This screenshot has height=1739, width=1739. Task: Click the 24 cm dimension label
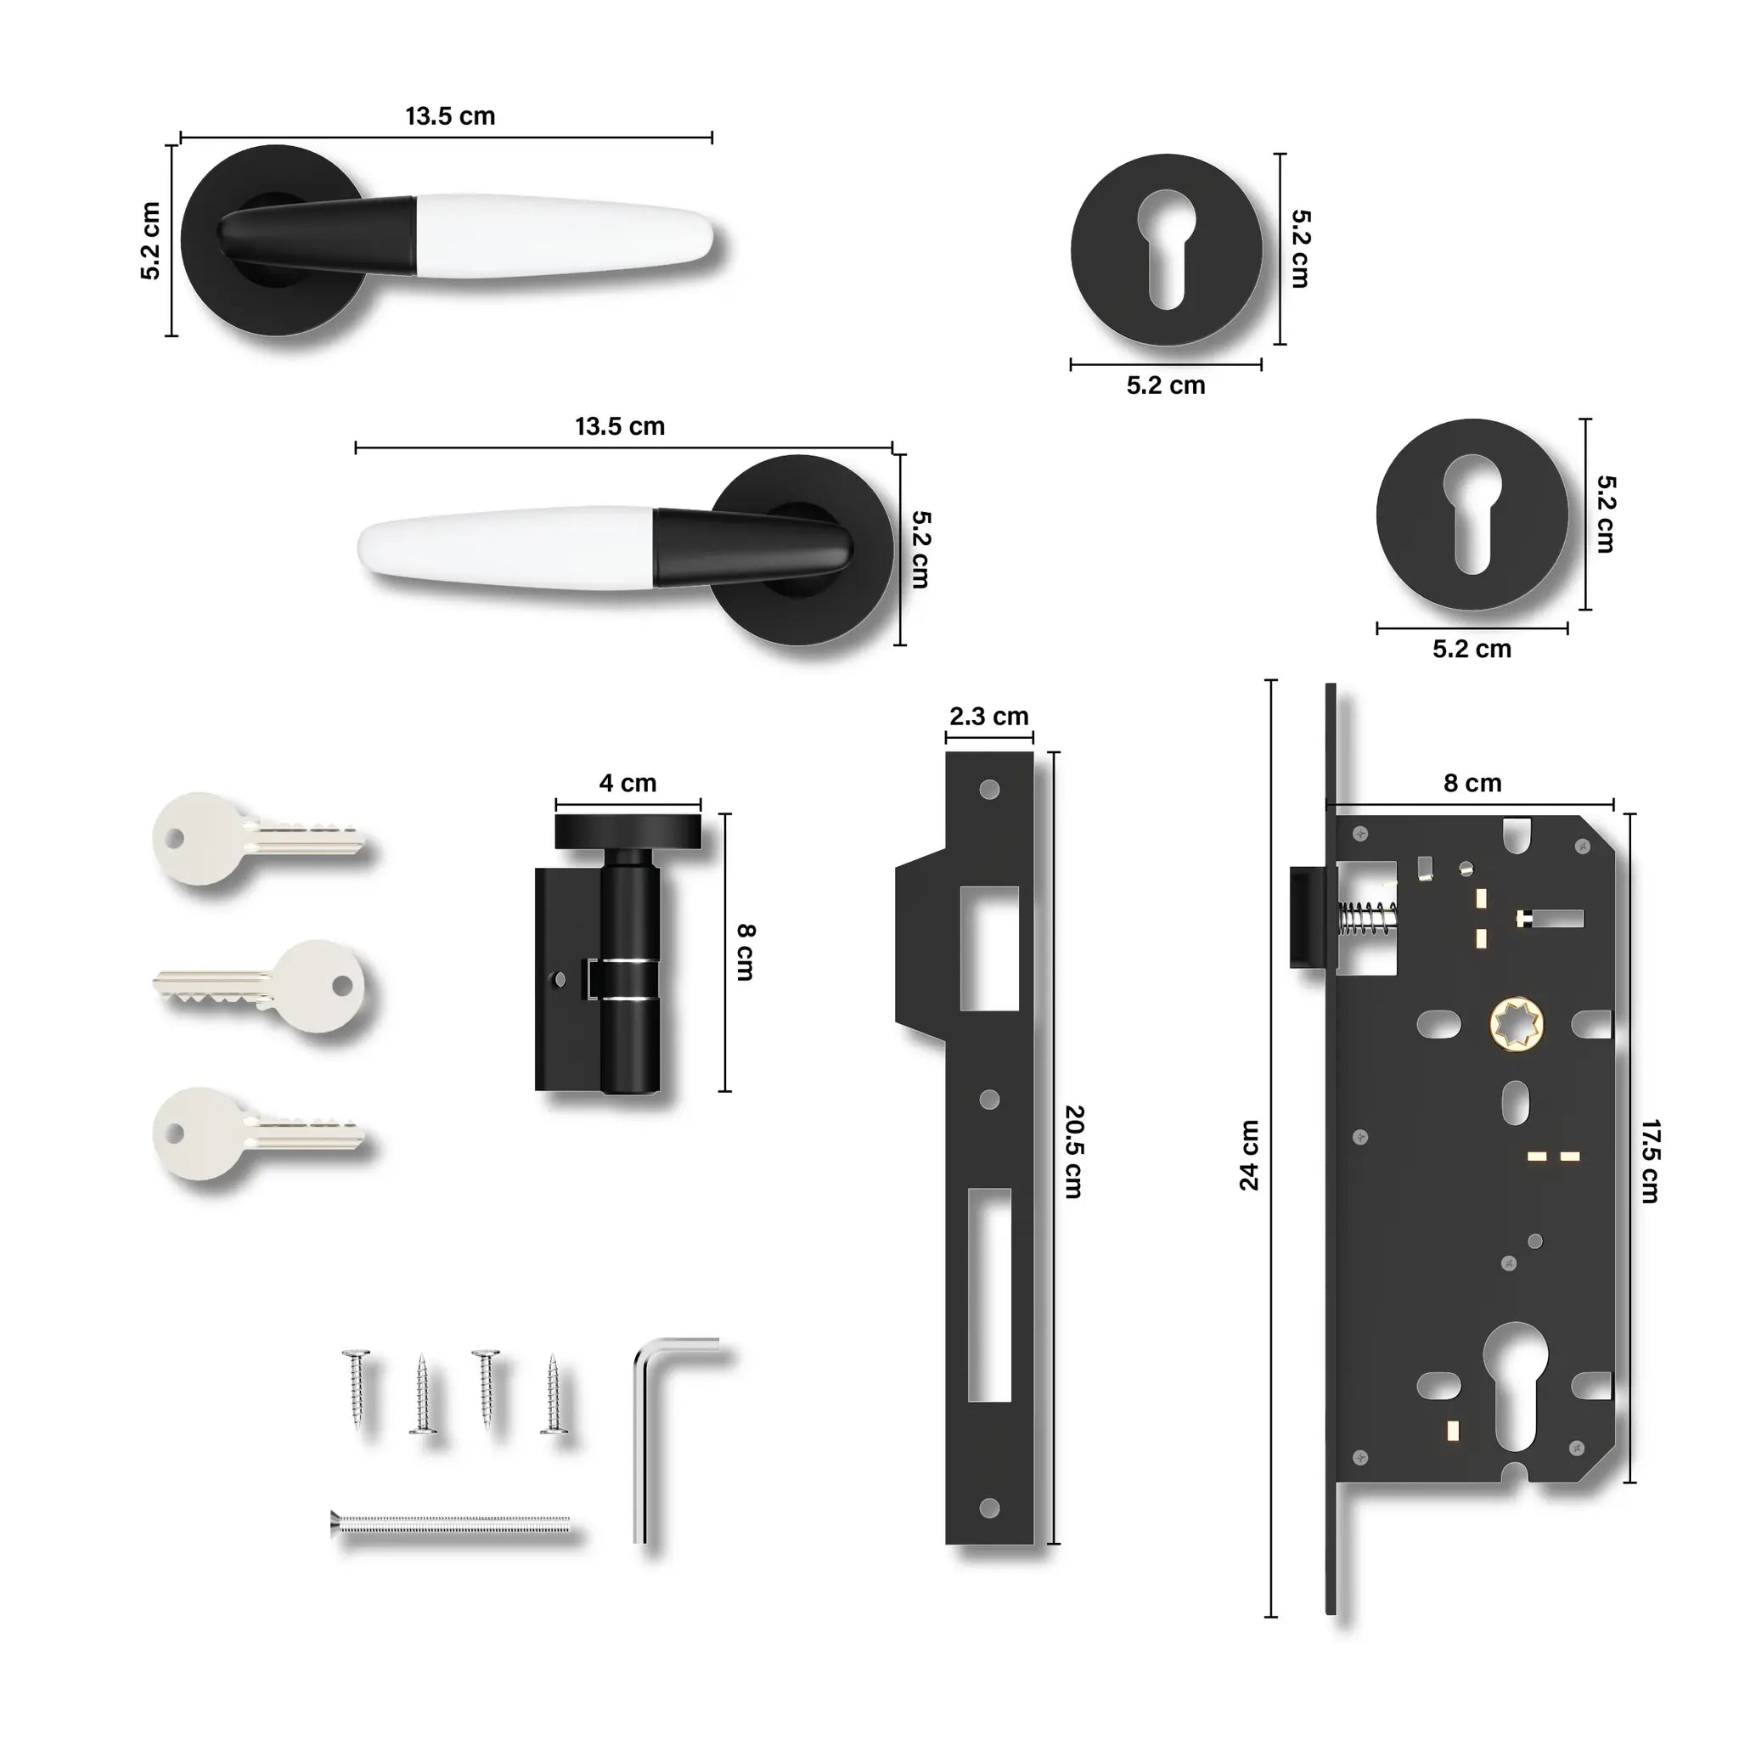(x=1249, y=1155)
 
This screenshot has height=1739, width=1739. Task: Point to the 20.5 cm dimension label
(x=1074, y=1152)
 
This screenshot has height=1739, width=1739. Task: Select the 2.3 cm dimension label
(x=988, y=717)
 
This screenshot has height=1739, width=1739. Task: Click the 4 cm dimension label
(x=628, y=783)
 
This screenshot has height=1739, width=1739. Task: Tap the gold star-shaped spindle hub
(x=1517, y=1024)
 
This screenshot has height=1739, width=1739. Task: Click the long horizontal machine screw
(x=450, y=1524)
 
